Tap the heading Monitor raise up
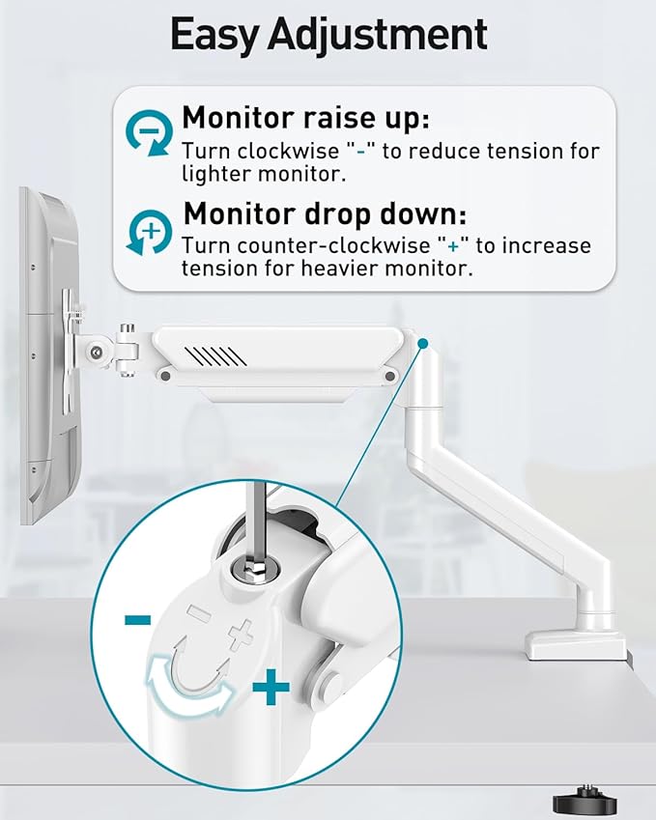305,118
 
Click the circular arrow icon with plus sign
149,232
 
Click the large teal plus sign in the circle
271,689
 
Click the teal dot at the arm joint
422,343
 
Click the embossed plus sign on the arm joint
242,634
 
